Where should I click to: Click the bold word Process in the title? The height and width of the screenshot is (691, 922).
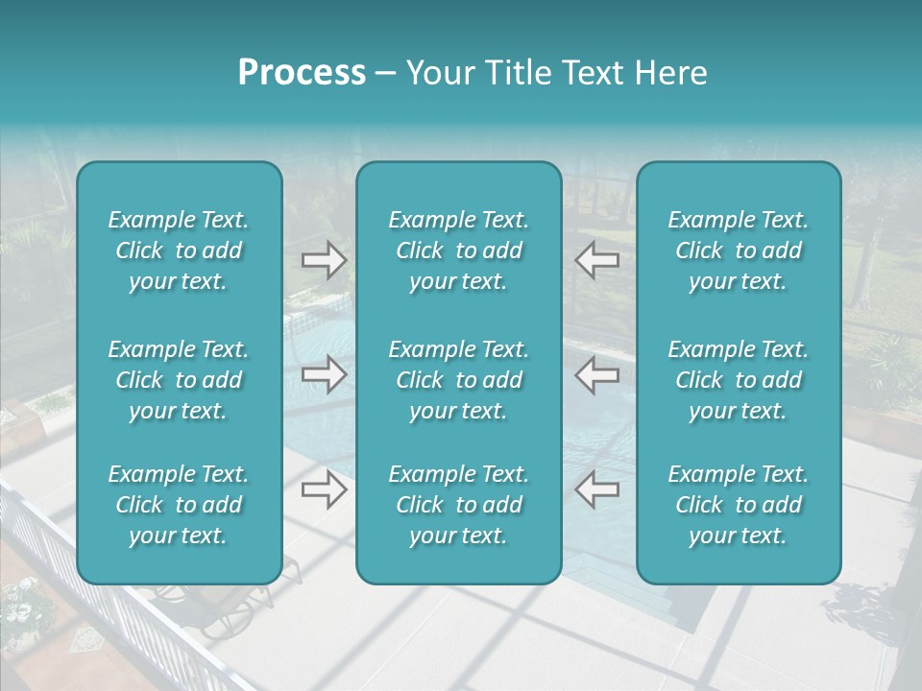[302, 73]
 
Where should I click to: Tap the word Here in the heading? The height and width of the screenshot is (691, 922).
[669, 73]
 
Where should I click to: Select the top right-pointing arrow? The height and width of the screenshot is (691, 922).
[325, 260]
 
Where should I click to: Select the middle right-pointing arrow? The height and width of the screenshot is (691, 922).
[325, 374]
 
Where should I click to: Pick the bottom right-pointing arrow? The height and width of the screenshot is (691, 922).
[325, 490]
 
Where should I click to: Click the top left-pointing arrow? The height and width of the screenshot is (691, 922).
[596, 260]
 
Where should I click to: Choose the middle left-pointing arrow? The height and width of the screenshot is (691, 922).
[596, 374]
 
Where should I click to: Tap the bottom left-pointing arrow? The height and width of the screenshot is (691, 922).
[596, 490]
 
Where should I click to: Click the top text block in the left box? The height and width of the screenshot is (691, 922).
[179, 250]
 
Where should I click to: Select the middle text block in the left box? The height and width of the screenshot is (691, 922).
[179, 380]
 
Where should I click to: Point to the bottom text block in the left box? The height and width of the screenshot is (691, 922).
[179, 505]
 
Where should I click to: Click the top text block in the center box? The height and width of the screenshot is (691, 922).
[458, 250]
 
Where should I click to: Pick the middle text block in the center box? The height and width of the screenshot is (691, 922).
[458, 380]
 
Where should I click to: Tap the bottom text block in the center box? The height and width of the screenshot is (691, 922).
[458, 505]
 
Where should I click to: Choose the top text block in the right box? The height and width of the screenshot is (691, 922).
[738, 250]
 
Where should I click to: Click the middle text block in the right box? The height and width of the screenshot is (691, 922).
[738, 380]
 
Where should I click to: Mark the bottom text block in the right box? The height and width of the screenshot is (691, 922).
[738, 505]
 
